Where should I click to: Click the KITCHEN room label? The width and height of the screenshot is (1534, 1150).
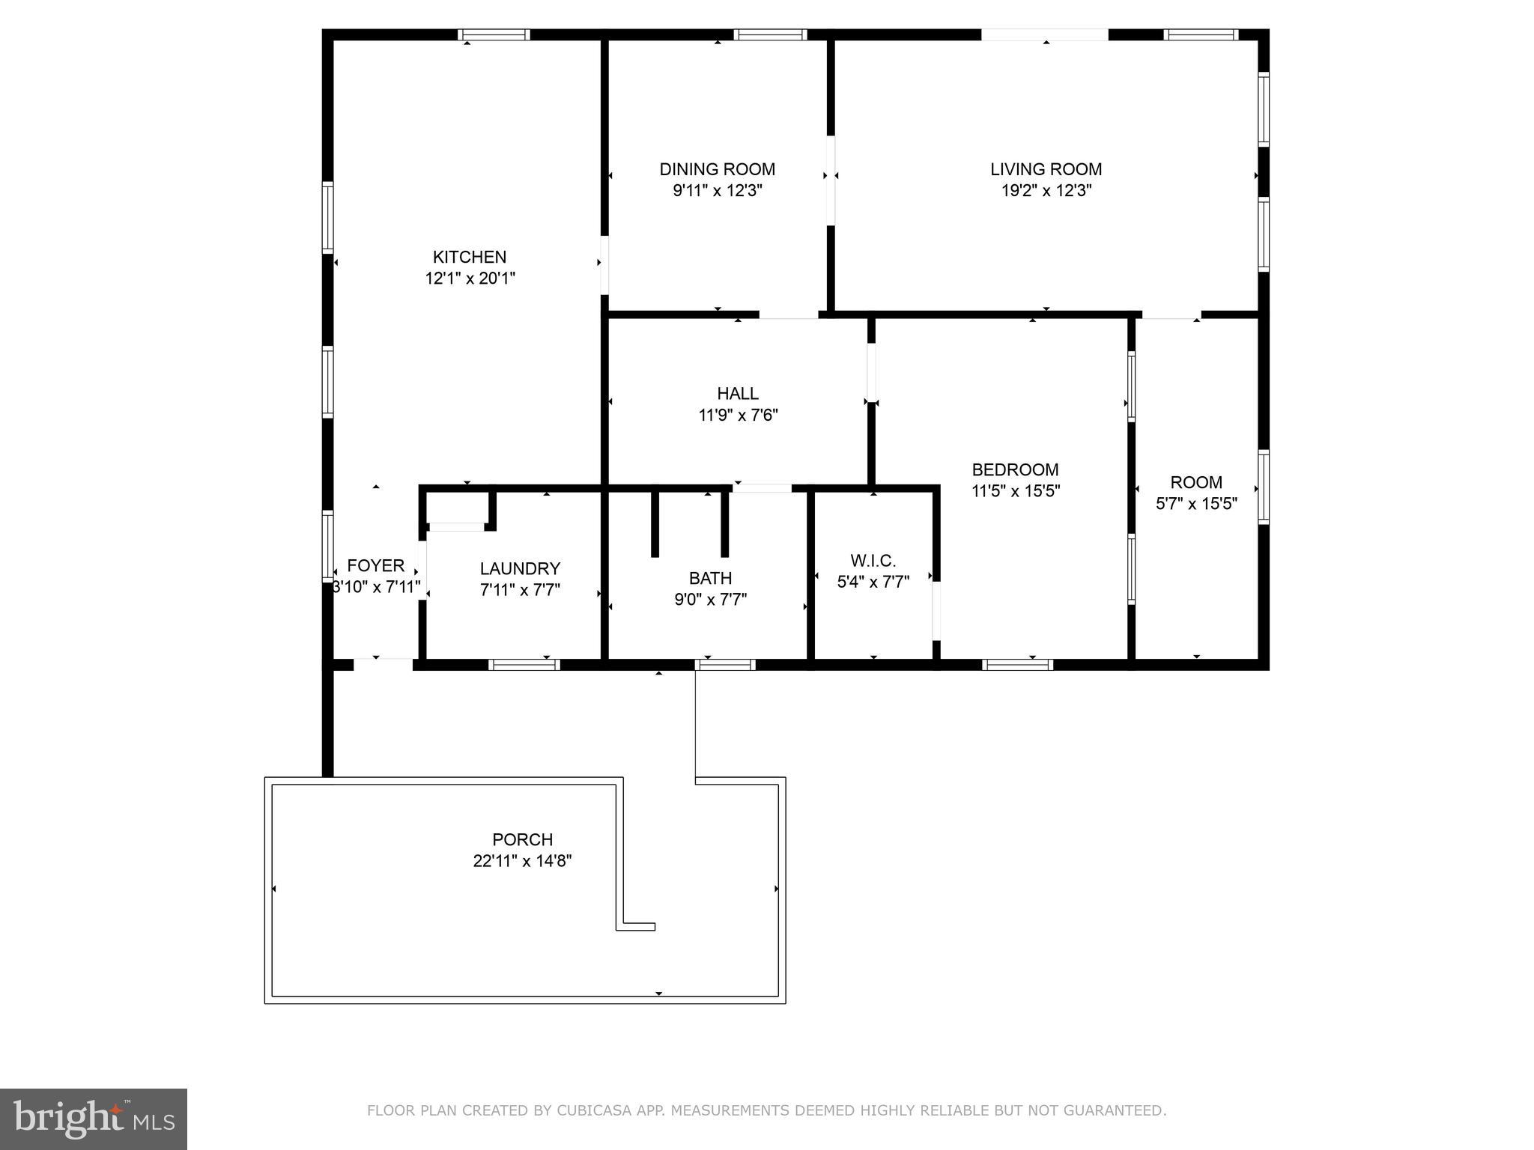click(x=470, y=257)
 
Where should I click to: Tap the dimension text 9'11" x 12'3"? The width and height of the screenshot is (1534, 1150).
click(x=717, y=190)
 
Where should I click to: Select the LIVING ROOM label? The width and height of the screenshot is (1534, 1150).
click(x=1046, y=169)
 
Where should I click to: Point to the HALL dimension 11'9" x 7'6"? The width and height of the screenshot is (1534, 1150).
click(x=738, y=415)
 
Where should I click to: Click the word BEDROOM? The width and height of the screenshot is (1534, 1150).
click(x=1015, y=469)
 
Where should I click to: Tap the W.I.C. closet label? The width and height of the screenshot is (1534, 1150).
click(x=873, y=561)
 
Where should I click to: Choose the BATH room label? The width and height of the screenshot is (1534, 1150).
click(x=710, y=578)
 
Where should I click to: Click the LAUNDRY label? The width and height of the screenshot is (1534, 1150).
click(x=520, y=568)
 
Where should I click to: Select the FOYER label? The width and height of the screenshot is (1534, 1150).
click(x=375, y=566)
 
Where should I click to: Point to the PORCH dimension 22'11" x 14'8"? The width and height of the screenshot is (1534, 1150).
click(x=522, y=861)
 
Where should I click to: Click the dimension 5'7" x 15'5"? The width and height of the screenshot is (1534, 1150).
click(x=1196, y=504)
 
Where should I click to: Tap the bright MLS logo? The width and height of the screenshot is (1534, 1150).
click(x=94, y=1119)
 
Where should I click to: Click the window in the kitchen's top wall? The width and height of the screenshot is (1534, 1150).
click(x=494, y=34)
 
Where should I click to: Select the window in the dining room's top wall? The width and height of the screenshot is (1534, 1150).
click(x=770, y=34)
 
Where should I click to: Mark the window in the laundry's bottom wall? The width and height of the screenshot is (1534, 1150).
click(x=524, y=664)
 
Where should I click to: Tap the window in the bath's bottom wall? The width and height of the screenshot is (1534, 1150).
click(x=725, y=664)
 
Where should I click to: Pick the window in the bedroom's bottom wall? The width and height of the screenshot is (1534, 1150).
click(x=1017, y=664)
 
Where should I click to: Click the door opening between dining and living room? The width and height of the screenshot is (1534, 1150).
click(x=831, y=180)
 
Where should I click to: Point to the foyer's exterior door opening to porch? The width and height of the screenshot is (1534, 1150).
click(x=383, y=664)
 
